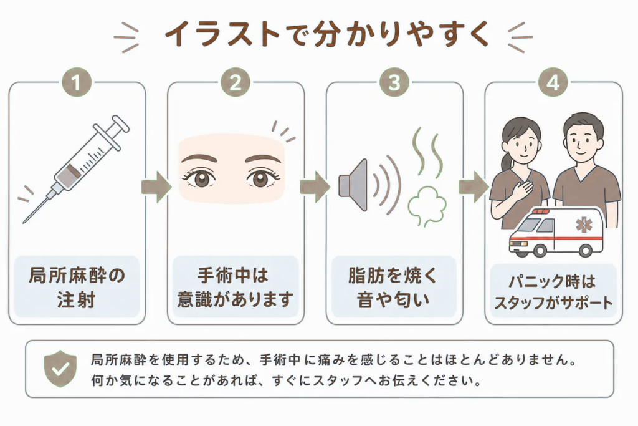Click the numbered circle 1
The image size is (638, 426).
77,82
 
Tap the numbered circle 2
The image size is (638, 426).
236,82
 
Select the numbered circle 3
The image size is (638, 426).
394,82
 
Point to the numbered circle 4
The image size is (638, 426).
553,82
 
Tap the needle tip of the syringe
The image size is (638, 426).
24,223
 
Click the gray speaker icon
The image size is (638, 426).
353,185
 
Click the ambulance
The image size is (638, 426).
556,232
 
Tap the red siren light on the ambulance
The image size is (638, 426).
541,211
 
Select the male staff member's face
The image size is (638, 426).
583,140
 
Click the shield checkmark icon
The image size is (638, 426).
60,369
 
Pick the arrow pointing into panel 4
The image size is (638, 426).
474,187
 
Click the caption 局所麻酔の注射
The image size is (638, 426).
77,288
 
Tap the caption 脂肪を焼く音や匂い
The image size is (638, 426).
393,288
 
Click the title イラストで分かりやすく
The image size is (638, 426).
326,34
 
